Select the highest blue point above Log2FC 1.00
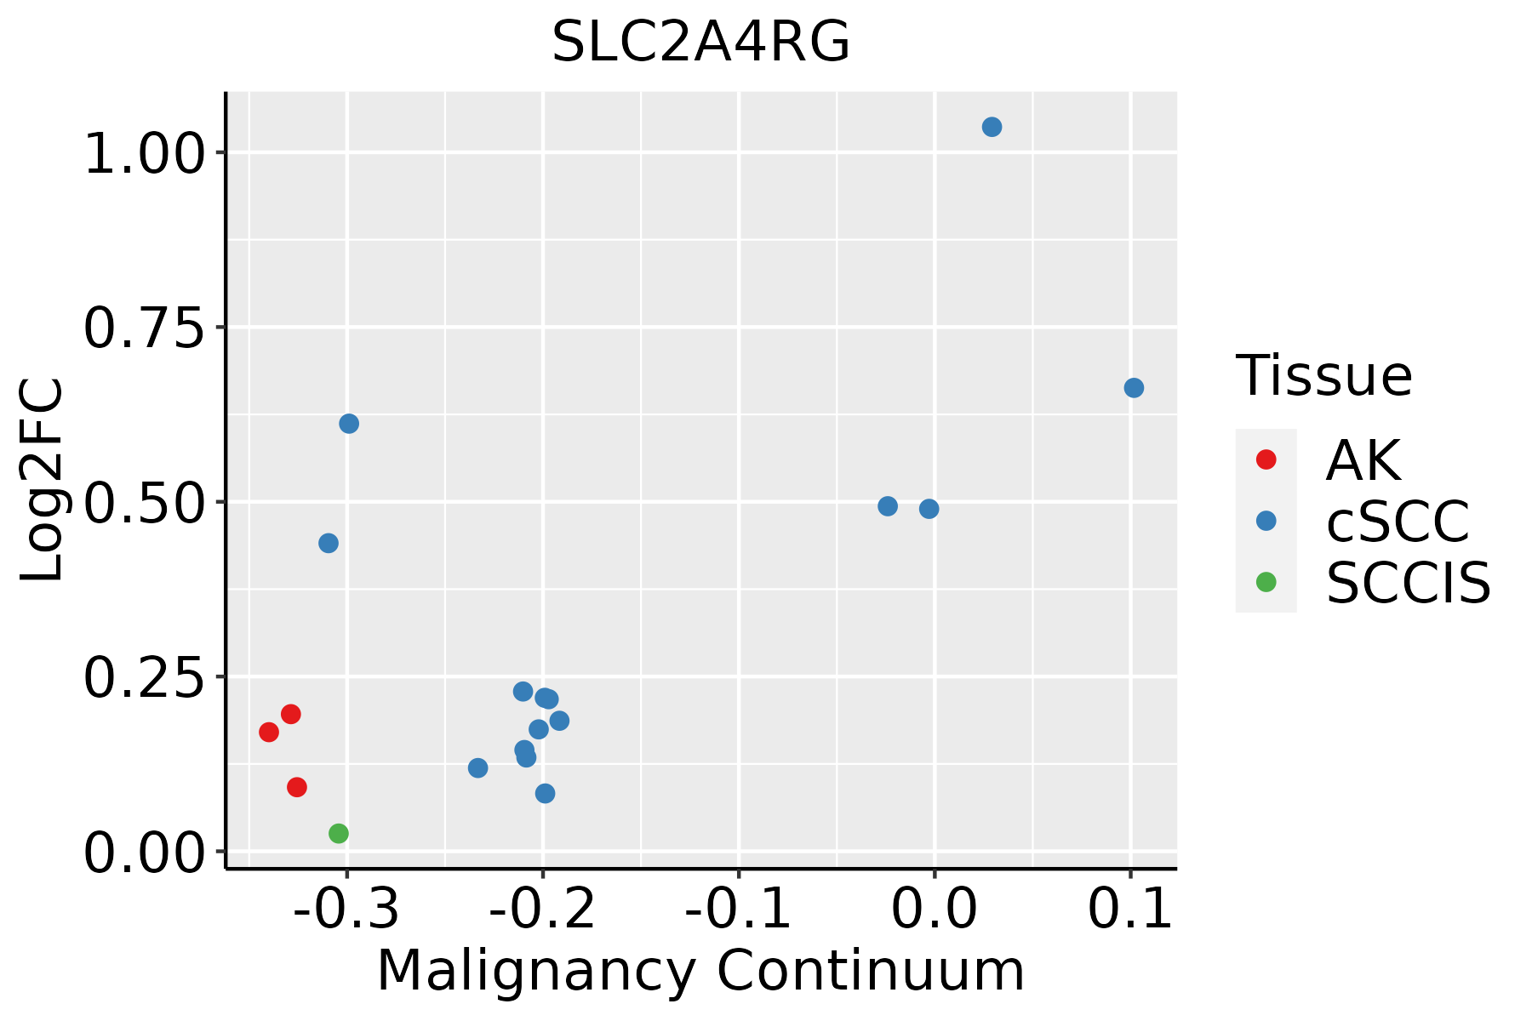click(992, 128)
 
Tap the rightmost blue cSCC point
click(1134, 388)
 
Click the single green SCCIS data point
click(339, 834)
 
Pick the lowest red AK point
click(297, 787)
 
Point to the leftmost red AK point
click(269, 733)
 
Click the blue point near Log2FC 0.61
click(349, 424)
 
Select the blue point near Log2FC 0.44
click(329, 543)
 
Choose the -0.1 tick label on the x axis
click(738, 910)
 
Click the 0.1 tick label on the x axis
click(1130, 910)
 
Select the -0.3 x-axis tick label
click(346, 910)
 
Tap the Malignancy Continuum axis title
click(700, 971)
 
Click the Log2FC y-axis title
click(43, 480)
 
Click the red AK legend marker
click(1266, 459)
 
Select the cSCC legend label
click(1398, 521)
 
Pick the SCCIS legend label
click(1409, 583)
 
